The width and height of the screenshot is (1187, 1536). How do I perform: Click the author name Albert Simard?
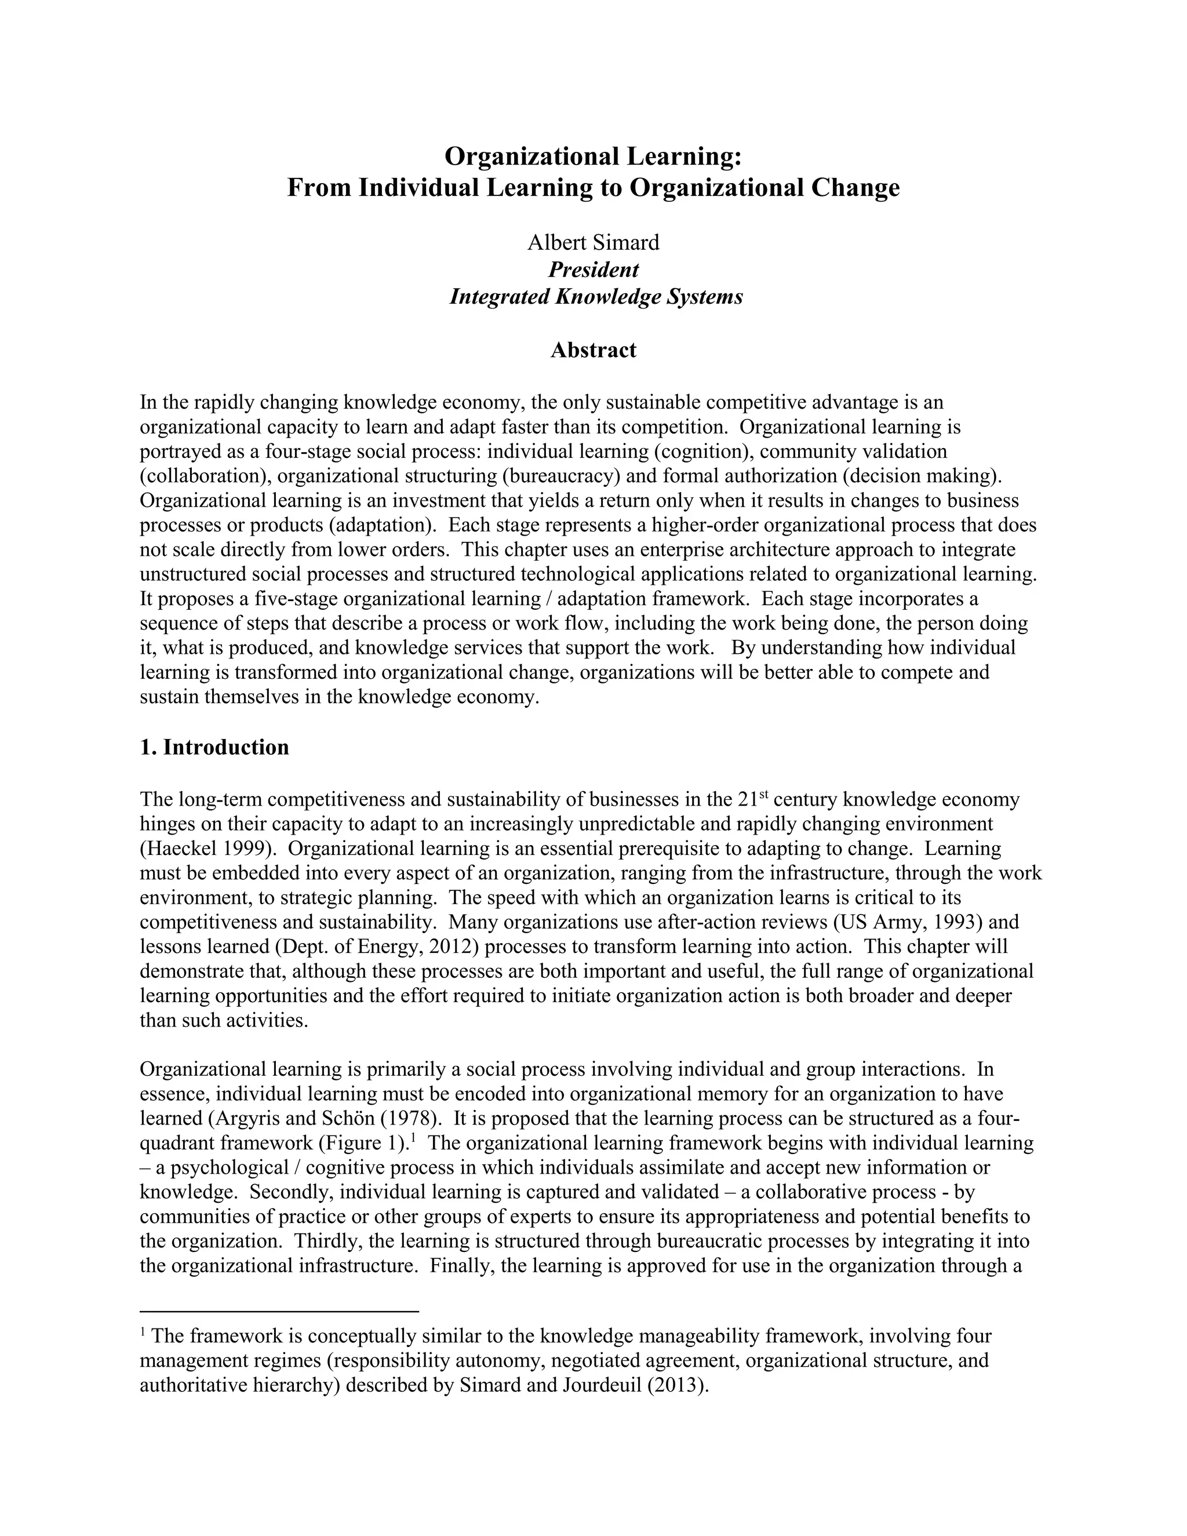pos(593,243)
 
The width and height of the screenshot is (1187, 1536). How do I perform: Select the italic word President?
pos(593,270)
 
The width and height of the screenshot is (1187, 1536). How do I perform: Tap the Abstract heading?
pos(593,350)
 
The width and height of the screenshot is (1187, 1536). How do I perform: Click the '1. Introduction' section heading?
pos(214,748)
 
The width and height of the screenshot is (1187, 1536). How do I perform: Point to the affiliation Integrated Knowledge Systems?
pos(596,297)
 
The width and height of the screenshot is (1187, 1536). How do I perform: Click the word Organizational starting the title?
pos(531,156)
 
